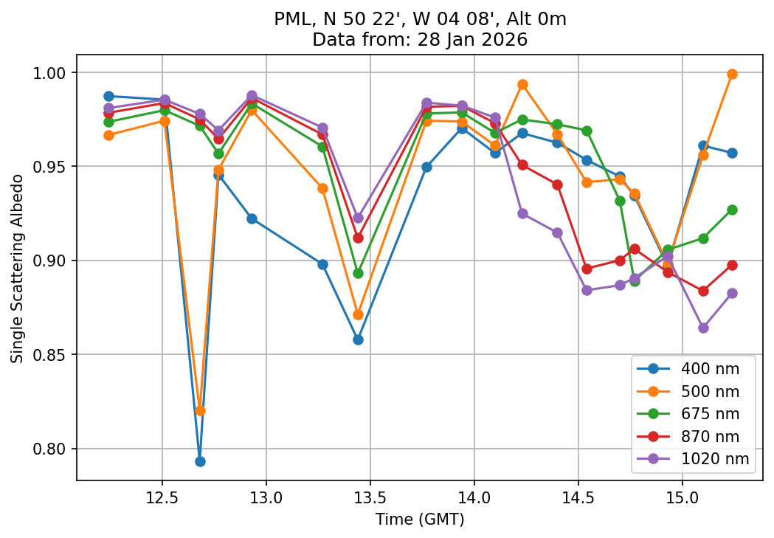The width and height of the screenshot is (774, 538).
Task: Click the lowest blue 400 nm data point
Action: (x=200, y=461)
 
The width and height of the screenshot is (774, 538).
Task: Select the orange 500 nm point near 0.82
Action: (x=200, y=410)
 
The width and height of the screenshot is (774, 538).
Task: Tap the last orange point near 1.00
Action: (x=732, y=74)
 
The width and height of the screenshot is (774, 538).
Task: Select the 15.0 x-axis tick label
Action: (x=682, y=498)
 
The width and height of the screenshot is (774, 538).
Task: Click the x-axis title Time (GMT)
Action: (x=420, y=520)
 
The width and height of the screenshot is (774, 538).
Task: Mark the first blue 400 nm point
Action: (x=108, y=96)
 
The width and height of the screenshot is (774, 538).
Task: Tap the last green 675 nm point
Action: (x=732, y=210)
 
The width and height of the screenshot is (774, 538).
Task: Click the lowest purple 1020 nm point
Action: (x=703, y=328)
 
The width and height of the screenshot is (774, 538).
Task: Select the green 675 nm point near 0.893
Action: (x=358, y=273)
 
